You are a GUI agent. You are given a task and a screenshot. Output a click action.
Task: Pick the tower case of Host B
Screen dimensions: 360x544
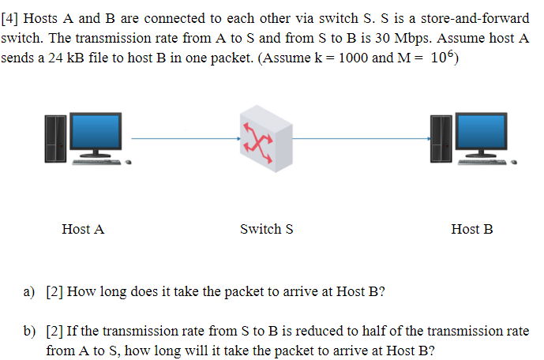click(440, 139)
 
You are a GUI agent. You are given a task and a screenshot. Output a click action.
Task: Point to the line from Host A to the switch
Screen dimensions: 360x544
click(186, 140)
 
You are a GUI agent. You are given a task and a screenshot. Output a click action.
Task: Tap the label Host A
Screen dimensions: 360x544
click(83, 229)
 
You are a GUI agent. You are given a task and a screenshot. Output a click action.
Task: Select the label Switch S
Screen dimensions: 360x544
click(267, 229)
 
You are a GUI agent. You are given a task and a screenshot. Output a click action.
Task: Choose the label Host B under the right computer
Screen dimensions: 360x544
click(472, 229)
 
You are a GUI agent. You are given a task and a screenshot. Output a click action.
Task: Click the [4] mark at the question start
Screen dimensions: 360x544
click(11, 18)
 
